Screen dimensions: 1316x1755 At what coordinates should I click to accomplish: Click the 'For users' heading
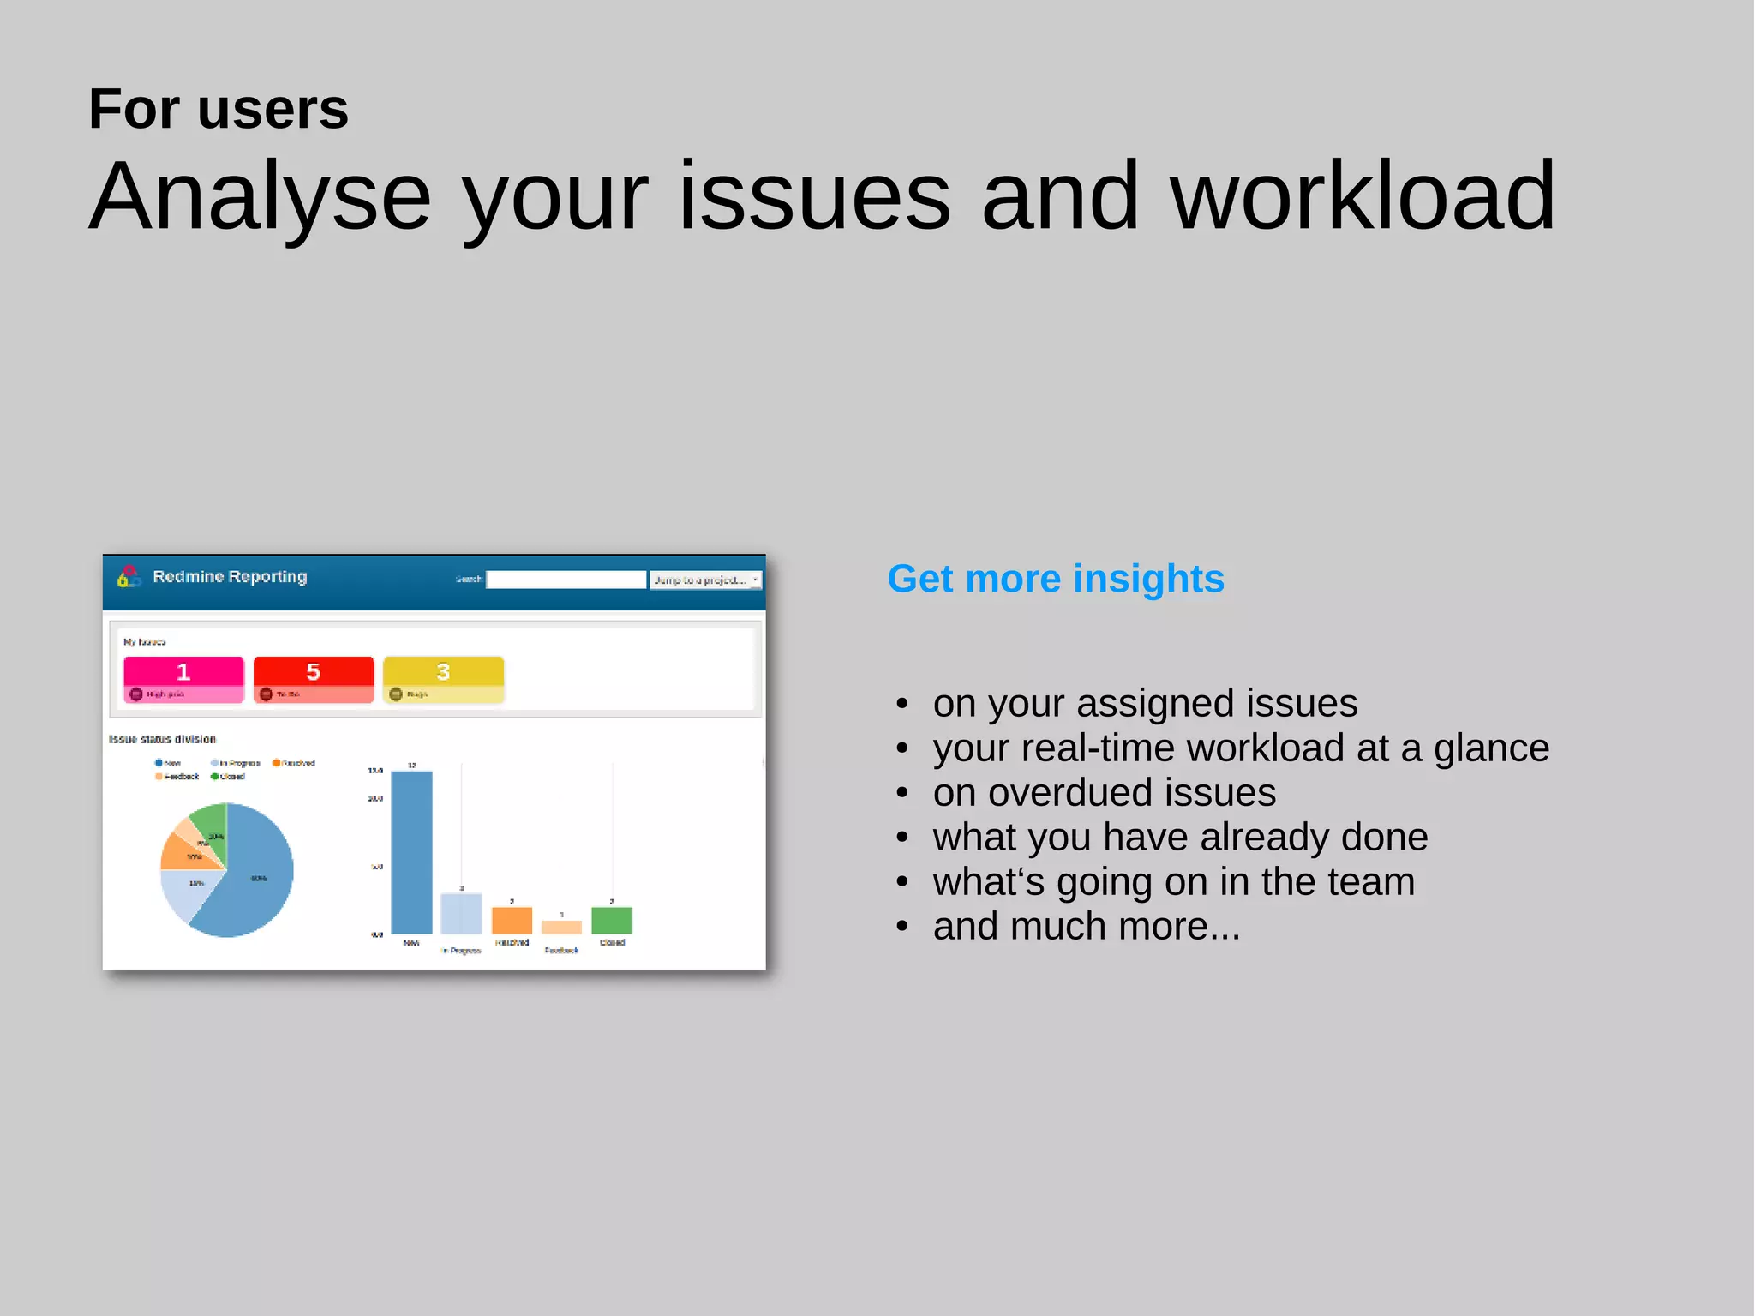[x=219, y=110]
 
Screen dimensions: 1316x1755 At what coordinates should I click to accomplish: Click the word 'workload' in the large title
[x=1363, y=196]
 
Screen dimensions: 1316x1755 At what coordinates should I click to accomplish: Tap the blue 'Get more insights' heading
[x=1055, y=579]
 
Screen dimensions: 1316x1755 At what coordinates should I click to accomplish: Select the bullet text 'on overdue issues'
[x=1104, y=793]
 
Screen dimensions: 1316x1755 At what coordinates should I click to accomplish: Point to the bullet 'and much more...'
[x=1086, y=927]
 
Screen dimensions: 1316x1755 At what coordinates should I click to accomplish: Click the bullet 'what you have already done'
[x=1180, y=838]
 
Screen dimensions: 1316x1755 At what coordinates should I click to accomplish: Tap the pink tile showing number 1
[x=183, y=679]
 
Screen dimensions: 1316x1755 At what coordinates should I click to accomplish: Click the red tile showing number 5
[x=314, y=679]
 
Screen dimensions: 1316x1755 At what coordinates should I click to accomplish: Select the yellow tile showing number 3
[x=443, y=679]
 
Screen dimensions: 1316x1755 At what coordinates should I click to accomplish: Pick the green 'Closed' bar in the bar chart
[x=611, y=920]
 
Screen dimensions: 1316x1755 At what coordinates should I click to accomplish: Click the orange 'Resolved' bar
[x=512, y=920]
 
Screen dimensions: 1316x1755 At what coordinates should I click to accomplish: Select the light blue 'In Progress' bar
[x=461, y=913]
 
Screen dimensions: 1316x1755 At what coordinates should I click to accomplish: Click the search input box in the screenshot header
[x=566, y=580]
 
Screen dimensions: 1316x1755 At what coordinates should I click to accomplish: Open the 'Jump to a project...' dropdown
[x=704, y=580]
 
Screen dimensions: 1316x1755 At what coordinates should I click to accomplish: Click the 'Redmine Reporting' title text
[x=230, y=577]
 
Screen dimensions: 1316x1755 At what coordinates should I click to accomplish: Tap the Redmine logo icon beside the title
[x=129, y=577]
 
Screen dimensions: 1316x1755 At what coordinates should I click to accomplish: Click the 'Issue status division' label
[x=162, y=739]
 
